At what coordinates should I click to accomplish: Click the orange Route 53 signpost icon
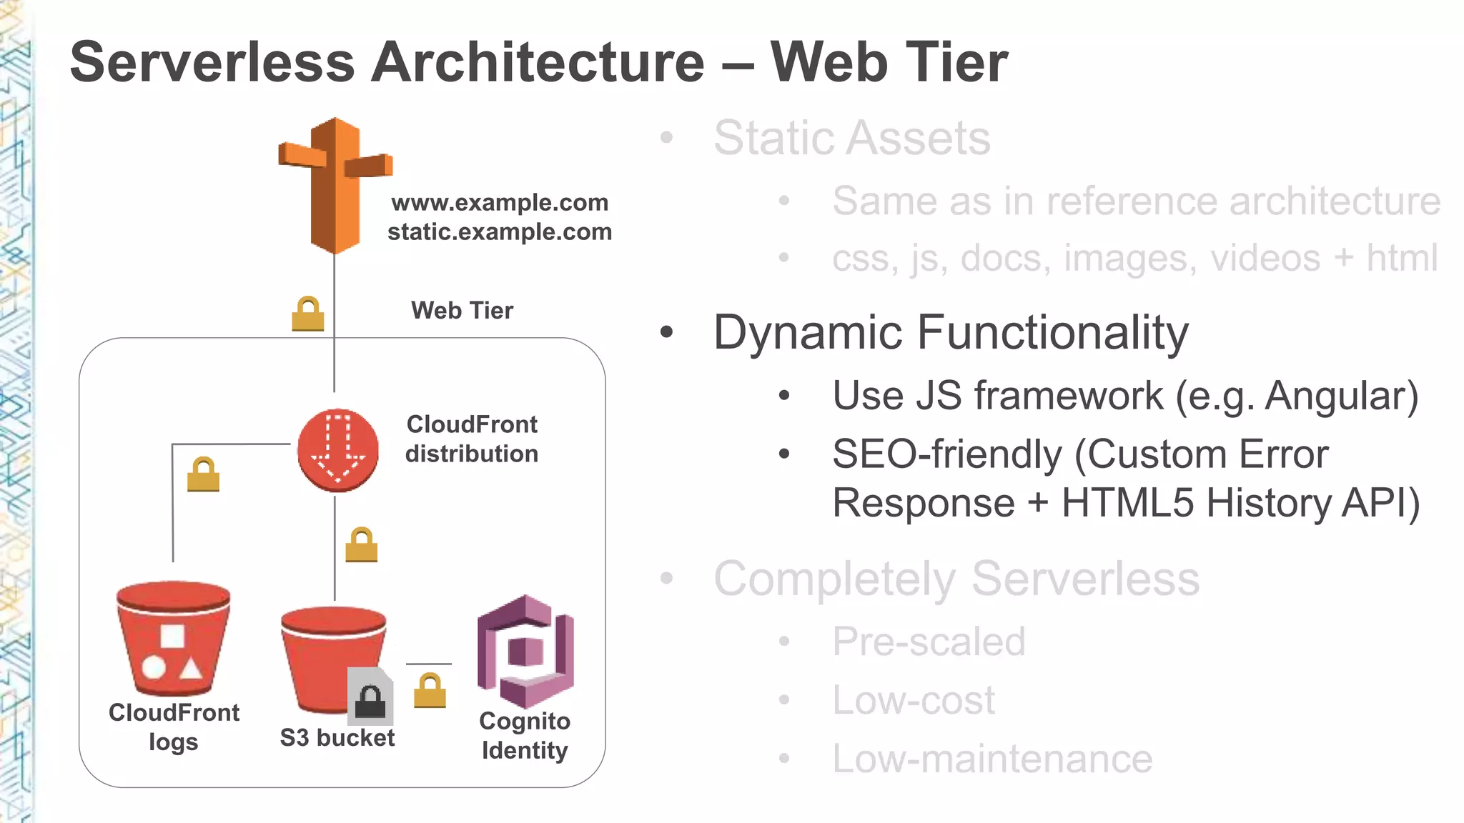click(335, 186)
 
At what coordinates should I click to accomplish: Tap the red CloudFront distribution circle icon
click(337, 450)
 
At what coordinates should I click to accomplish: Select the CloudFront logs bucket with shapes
click(173, 639)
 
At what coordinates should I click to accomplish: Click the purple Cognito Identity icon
click(525, 652)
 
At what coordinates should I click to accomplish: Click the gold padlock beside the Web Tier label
click(308, 314)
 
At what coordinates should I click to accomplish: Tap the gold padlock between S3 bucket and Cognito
click(430, 691)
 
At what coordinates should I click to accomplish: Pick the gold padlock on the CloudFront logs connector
click(203, 475)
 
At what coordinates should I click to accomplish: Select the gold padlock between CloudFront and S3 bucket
click(362, 545)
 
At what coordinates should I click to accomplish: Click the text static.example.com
click(499, 232)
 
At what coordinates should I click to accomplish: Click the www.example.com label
click(499, 203)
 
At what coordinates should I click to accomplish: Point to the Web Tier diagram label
click(462, 311)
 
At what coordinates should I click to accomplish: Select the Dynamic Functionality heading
click(951, 333)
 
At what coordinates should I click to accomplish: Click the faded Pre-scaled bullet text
click(928, 642)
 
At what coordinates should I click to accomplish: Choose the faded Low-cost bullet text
click(913, 700)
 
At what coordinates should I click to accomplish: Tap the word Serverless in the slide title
click(212, 63)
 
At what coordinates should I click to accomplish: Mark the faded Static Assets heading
click(851, 138)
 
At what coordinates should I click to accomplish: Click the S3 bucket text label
click(337, 738)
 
